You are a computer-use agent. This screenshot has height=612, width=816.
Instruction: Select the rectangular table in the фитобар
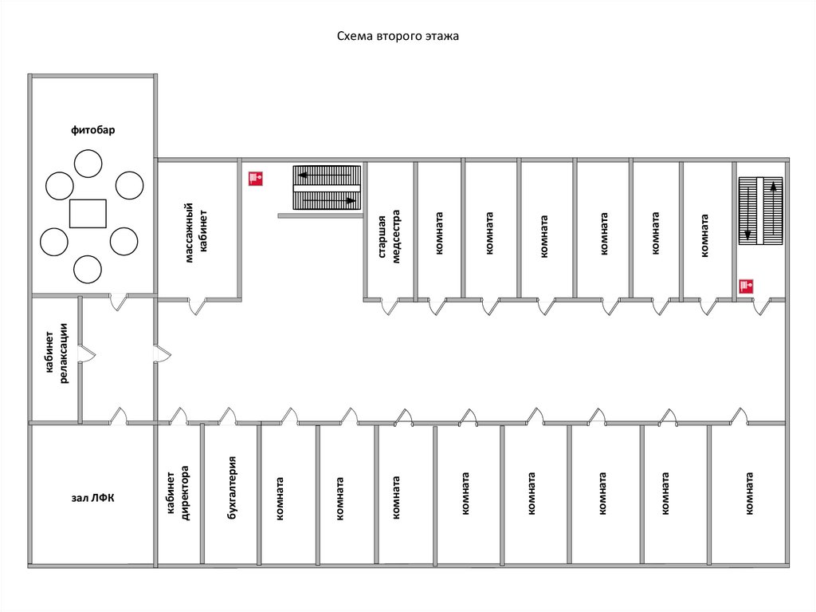tap(88, 214)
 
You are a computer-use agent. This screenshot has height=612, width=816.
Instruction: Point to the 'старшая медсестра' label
tap(388, 236)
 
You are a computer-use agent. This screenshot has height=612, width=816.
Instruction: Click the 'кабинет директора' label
tap(178, 493)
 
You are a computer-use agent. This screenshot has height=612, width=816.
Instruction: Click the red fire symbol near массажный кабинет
tap(256, 179)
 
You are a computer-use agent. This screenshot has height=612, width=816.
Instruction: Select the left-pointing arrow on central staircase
tap(304, 174)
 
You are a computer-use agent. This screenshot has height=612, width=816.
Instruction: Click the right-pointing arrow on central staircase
tap(351, 200)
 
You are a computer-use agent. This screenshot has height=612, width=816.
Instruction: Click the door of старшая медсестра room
tap(390, 306)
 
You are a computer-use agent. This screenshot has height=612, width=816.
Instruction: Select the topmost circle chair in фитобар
tap(88, 164)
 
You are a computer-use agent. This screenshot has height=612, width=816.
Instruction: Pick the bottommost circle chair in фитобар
tap(88, 269)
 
